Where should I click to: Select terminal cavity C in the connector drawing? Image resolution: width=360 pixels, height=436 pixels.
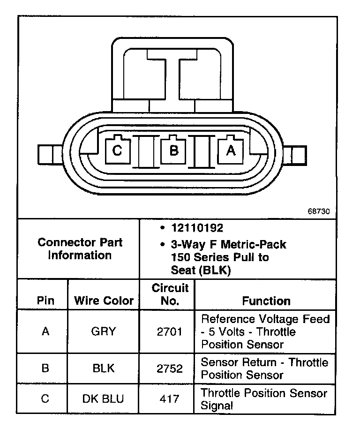[117, 150]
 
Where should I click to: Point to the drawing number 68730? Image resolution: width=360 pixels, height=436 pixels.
[319, 211]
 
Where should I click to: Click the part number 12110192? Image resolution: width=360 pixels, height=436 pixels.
[197, 228]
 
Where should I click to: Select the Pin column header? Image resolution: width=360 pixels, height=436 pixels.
[45, 301]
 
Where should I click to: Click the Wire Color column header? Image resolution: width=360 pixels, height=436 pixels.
[104, 301]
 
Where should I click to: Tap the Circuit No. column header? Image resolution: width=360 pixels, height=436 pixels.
[170, 294]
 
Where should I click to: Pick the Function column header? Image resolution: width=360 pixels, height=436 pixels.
[266, 301]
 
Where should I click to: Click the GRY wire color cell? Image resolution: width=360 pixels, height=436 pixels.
[104, 332]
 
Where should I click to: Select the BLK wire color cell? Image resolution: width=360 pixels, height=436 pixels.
[104, 368]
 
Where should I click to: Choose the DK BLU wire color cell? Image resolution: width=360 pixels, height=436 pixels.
[104, 399]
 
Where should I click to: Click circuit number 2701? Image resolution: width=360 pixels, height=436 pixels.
[170, 332]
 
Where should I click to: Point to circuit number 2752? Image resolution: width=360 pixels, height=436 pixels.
[170, 368]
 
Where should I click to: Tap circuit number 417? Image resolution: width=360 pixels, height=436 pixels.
[170, 399]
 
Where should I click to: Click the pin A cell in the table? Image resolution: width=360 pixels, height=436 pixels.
[45, 332]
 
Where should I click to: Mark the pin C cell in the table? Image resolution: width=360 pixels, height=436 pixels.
[45, 399]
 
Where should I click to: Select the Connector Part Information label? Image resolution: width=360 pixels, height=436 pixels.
[80, 249]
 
